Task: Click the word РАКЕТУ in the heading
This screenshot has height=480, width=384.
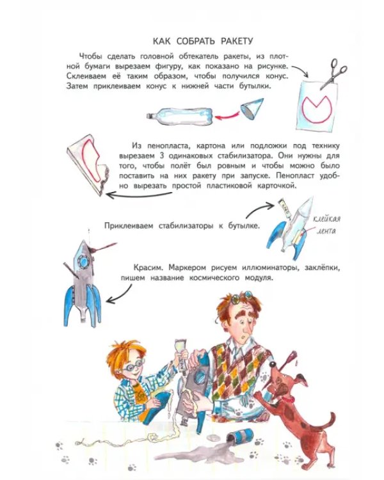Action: (x=237, y=41)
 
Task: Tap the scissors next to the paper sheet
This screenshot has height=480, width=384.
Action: (x=333, y=73)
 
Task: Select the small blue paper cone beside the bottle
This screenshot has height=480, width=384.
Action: (x=252, y=109)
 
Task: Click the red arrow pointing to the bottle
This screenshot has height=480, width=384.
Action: (x=227, y=116)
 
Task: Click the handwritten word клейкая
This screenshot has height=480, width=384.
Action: (x=326, y=219)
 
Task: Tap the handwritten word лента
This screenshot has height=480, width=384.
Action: (x=326, y=231)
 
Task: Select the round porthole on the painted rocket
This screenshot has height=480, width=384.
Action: (x=83, y=261)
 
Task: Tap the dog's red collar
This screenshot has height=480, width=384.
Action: (x=289, y=399)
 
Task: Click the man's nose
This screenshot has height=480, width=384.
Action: (x=247, y=330)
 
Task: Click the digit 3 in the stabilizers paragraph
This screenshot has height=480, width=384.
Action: (x=162, y=156)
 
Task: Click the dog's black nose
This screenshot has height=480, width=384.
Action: (x=272, y=364)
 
